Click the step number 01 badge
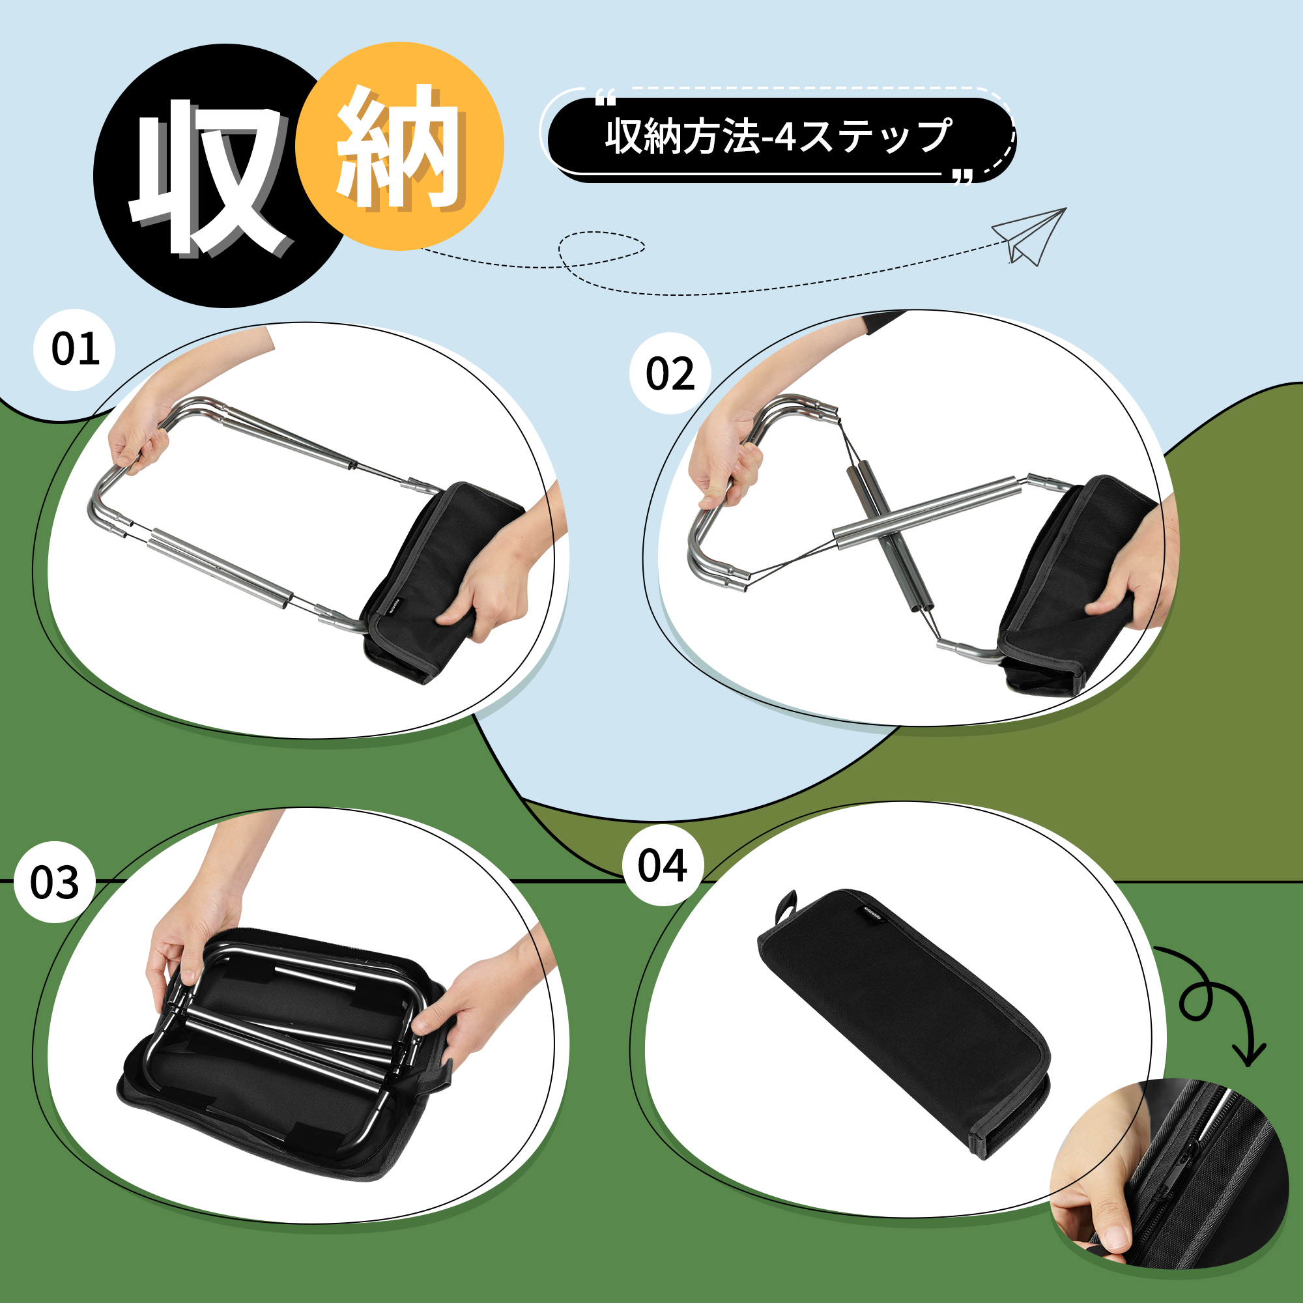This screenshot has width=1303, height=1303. click(75, 349)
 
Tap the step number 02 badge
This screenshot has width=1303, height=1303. click(670, 373)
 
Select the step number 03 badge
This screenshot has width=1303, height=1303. click(54, 882)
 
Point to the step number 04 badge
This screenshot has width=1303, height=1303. click(663, 865)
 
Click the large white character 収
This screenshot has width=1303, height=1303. click(209, 177)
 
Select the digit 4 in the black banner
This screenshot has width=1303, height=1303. click(784, 137)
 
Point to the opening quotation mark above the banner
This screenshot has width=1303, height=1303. click(606, 100)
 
